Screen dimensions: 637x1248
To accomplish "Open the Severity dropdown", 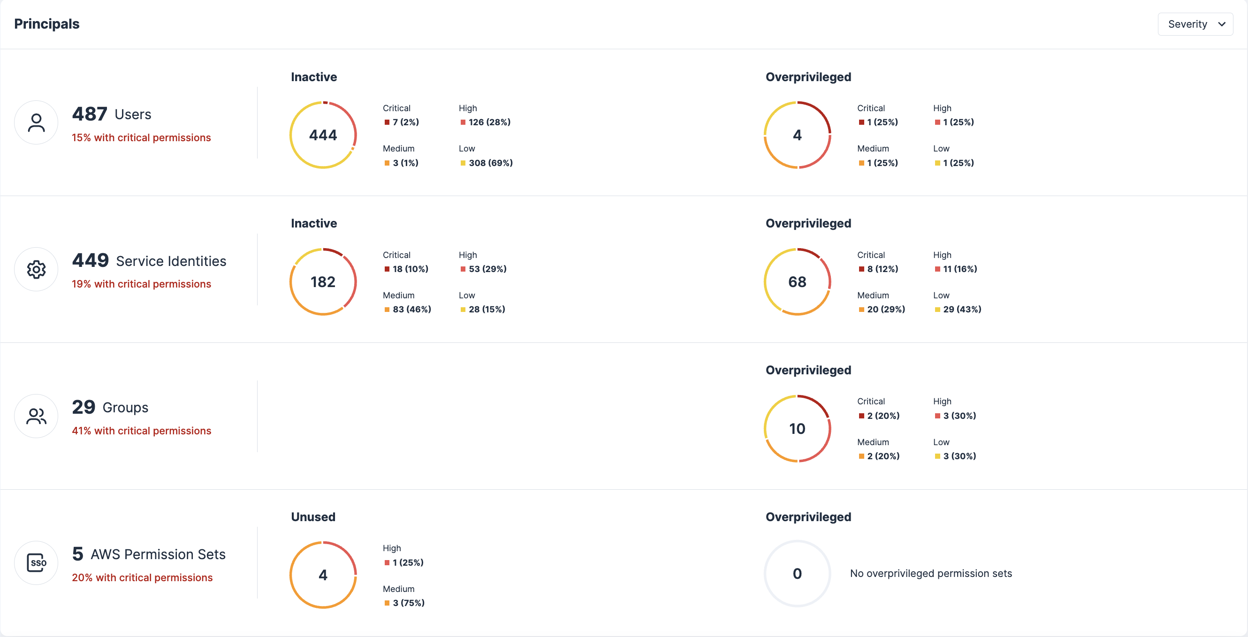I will [x=1195, y=24].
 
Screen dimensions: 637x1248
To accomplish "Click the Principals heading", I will [x=47, y=24].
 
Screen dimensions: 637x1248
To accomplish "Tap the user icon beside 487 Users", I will [x=36, y=122].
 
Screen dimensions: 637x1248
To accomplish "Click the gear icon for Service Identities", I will [x=36, y=269].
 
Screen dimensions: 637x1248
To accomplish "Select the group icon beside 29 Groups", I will [x=36, y=416].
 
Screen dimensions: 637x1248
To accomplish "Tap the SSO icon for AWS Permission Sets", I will [x=36, y=563].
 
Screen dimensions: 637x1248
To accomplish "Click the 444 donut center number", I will [x=323, y=135].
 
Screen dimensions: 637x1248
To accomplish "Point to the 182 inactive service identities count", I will [x=323, y=282].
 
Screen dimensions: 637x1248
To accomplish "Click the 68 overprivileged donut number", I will [x=797, y=282].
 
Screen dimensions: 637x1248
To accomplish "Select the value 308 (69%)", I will [x=490, y=163].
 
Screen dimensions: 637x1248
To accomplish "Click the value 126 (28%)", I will [x=489, y=122].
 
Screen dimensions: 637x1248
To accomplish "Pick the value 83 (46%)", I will [x=411, y=310].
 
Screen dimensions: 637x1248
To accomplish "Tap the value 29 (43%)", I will [x=962, y=310].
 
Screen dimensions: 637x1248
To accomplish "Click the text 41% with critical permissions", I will [x=142, y=431].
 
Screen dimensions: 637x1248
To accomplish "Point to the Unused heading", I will [x=313, y=517].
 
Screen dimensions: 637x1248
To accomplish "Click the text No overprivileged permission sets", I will [x=931, y=574].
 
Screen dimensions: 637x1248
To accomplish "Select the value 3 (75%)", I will [x=408, y=603].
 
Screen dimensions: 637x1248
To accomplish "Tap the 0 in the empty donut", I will [x=797, y=574].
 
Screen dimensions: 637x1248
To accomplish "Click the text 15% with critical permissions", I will [x=142, y=137].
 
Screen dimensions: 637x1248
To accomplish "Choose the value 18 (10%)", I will [x=410, y=269].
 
